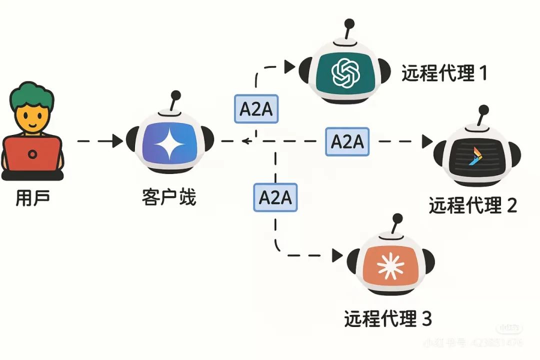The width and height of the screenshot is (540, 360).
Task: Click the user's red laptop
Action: pyautogui.click(x=33, y=154)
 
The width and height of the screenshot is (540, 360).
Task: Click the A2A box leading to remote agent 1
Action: pyautogui.click(x=256, y=108)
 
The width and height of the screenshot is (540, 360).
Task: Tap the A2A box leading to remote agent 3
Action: pyautogui.click(x=275, y=197)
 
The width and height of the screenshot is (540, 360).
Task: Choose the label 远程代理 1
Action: pyautogui.click(x=444, y=73)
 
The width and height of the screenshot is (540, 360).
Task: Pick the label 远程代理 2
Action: pyautogui.click(x=472, y=205)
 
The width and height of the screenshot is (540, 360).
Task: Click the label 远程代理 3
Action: pyautogui.click(x=387, y=318)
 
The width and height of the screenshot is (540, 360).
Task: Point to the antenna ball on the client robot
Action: pyautogui.click(x=175, y=94)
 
